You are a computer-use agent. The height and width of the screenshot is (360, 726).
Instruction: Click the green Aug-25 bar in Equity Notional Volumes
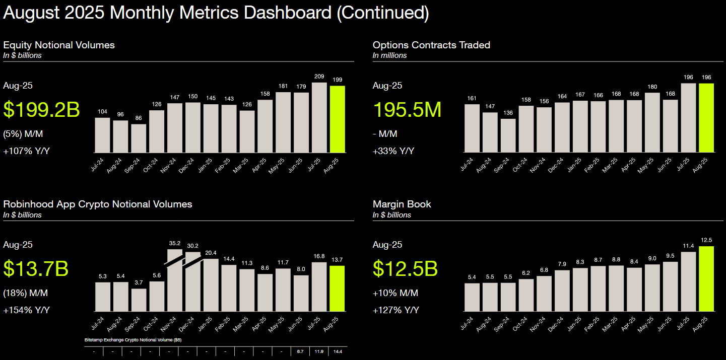338,119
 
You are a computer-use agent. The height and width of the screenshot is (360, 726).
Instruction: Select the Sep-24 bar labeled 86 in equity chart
139,138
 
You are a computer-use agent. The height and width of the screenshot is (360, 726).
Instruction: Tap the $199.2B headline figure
41,109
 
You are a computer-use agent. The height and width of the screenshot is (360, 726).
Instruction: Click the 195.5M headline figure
407,109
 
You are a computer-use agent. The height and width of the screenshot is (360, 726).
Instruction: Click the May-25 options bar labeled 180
652,122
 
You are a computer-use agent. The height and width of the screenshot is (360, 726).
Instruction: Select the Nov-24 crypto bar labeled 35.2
175,282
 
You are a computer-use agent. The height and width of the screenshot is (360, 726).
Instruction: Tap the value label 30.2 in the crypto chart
193,246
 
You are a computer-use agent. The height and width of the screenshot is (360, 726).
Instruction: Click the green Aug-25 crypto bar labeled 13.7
338,288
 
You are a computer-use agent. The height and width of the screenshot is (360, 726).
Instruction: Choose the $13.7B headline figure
36,268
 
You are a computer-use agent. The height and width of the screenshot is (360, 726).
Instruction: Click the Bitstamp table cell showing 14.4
338,351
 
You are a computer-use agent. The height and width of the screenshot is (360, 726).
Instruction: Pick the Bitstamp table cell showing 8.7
301,351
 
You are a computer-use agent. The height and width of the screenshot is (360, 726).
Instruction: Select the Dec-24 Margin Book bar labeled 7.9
562,291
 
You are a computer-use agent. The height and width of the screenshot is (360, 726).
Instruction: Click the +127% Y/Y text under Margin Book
396,310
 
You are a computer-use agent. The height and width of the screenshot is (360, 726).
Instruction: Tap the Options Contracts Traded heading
431,45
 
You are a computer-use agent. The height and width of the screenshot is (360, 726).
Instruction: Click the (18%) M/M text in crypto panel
25,293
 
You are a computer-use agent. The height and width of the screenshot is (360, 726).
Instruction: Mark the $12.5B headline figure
405,268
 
